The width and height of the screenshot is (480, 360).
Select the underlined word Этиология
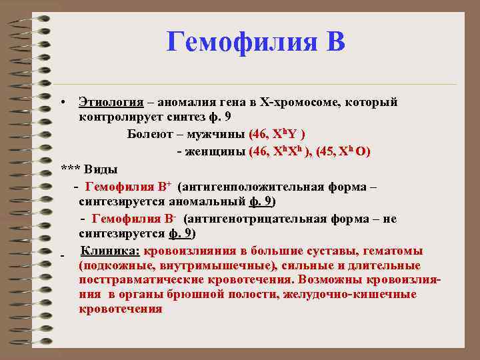coord(111,102)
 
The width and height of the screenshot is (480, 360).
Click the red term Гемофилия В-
coord(133,219)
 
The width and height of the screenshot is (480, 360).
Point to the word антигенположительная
coord(244,186)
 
